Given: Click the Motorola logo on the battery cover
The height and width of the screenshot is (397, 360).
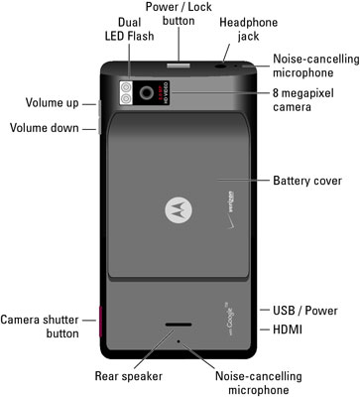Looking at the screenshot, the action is click(179, 209).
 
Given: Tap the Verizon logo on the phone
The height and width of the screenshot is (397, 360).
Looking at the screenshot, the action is click(231, 210).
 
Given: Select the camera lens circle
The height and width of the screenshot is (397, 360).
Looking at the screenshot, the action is click(146, 93).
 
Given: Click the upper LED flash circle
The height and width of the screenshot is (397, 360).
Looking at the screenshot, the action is click(126, 87).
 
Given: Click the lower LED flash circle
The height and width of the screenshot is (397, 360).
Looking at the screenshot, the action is click(126, 98).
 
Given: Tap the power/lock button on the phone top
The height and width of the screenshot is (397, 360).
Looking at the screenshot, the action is click(179, 65).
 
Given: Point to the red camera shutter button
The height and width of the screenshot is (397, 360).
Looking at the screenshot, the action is click(100, 322).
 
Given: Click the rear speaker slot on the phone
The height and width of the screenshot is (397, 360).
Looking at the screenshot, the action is click(179, 325).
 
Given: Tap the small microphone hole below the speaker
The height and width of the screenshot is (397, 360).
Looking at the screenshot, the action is click(179, 340).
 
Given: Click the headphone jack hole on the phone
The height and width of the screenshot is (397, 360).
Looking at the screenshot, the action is click(220, 66).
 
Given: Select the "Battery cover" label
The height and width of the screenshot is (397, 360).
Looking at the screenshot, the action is click(307, 181).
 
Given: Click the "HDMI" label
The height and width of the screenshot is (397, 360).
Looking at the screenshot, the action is click(288, 330).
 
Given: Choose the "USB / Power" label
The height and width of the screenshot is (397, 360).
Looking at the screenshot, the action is click(305, 311).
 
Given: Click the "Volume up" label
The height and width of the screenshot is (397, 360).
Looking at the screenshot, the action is click(53, 102).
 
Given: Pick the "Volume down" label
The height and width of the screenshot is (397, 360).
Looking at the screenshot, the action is click(45, 128).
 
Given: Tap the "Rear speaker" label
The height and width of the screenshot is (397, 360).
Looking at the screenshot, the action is click(129, 376).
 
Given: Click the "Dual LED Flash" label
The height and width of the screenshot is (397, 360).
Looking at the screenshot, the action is click(130, 29).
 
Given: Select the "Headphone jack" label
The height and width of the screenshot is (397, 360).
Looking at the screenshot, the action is click(249, 29).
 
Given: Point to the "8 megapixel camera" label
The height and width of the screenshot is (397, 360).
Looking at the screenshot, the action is click(303, 100).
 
